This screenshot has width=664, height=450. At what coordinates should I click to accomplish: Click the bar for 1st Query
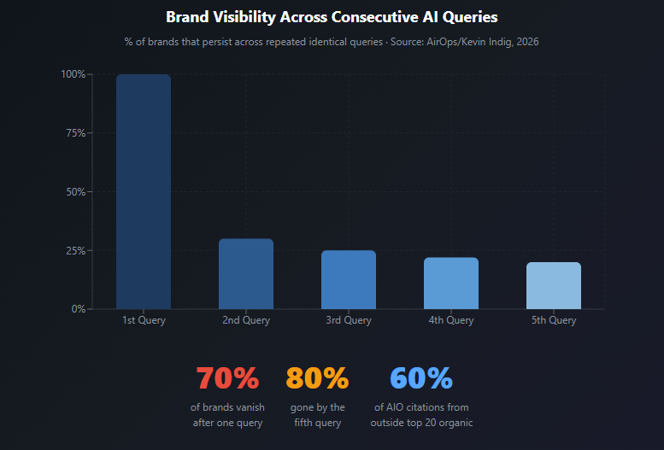click(144, 191)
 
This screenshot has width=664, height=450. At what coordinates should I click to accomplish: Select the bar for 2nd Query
click(246, 274)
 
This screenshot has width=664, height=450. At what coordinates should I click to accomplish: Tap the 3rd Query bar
click(349, 280)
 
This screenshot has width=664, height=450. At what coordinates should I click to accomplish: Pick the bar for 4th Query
click(451, 283)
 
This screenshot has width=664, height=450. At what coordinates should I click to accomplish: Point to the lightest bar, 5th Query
click(554, 286)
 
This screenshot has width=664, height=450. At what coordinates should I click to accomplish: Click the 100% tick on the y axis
click(73, 74)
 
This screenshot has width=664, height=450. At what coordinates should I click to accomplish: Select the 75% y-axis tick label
click(75, 133)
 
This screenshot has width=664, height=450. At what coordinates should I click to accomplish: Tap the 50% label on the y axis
click(75, 192)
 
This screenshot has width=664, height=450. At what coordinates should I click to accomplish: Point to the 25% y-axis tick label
click(75, 251)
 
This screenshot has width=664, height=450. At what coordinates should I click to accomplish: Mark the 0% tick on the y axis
click(78, 309)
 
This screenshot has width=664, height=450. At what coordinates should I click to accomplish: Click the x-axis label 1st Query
click(144, 321)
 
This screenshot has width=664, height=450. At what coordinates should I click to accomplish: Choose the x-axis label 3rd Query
click(349, 321)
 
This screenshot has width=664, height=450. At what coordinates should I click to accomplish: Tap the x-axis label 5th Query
click(554, 321)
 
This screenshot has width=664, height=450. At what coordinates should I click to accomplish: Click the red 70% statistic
click(227, 377)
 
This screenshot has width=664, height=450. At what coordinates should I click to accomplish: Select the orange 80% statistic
click(317, 377)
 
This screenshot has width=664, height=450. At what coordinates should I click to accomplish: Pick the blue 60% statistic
click(421, 377)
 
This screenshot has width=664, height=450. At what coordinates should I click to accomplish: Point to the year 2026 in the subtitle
click(526, 42)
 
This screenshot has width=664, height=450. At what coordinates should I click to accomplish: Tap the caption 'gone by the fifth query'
click(317, 415)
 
